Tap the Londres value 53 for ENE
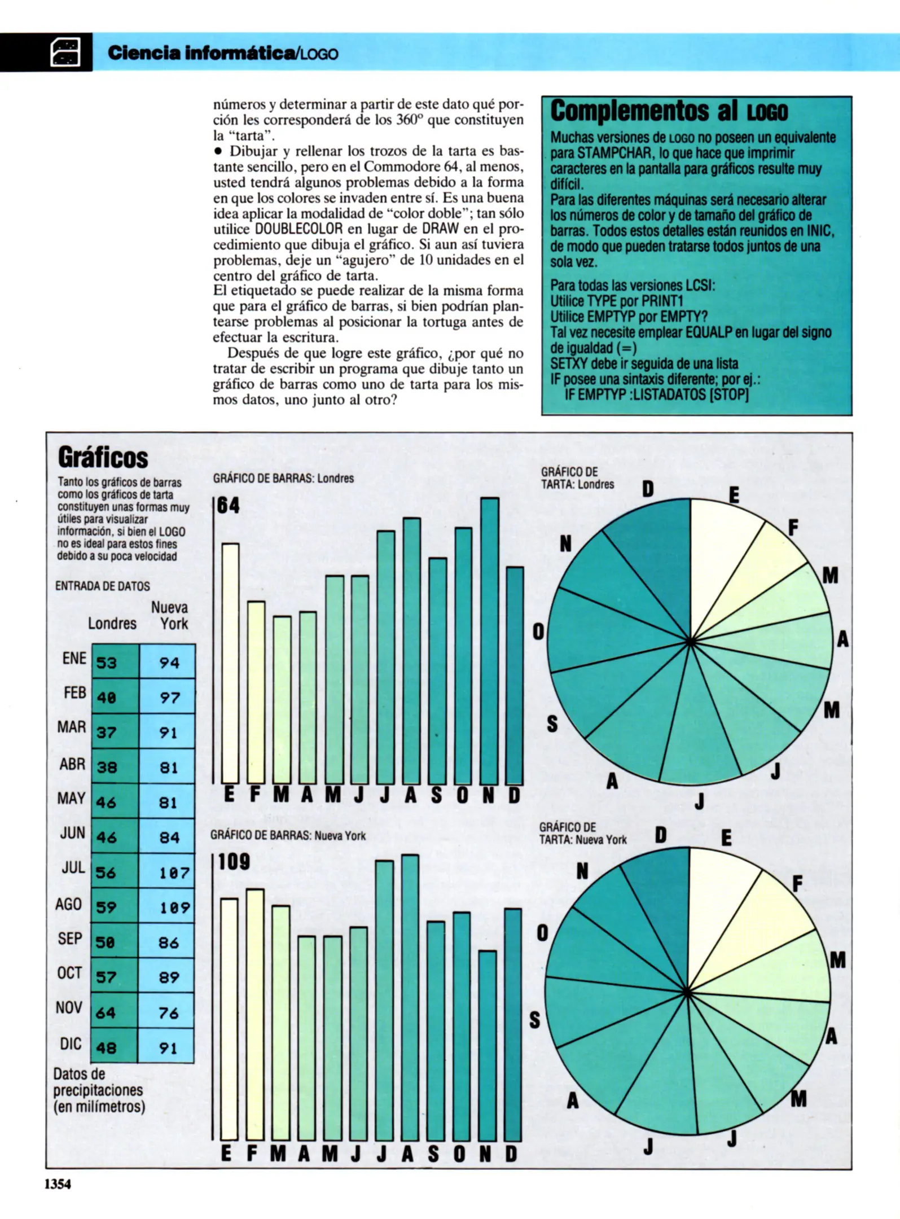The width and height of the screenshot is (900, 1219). [107, 662]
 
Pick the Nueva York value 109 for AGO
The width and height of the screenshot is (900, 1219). [174, 907]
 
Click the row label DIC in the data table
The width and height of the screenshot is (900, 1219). [71, 1043]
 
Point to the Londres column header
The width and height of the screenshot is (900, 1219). [112, 623]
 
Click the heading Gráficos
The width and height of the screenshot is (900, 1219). [103, 458]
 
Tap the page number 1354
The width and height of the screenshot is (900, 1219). [58, 1184]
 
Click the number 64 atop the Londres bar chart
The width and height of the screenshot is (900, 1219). [229, 505]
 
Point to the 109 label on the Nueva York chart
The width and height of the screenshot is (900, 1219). [234, 862]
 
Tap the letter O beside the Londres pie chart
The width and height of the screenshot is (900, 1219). [538, 632]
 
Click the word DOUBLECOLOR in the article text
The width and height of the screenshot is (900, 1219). [298, 229]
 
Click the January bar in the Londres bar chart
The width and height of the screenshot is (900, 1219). [230, 663]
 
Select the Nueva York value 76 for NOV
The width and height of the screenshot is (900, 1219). [168, 1013]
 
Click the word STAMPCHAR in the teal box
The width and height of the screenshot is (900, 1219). [610, 153]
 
